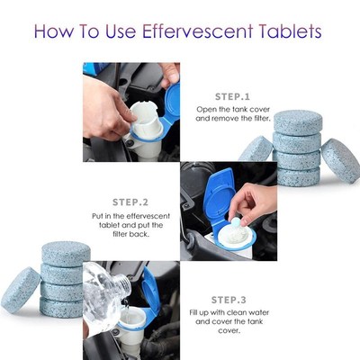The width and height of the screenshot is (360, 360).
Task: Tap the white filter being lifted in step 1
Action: click(142, 113)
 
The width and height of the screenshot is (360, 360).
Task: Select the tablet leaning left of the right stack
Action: click(257, 148)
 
